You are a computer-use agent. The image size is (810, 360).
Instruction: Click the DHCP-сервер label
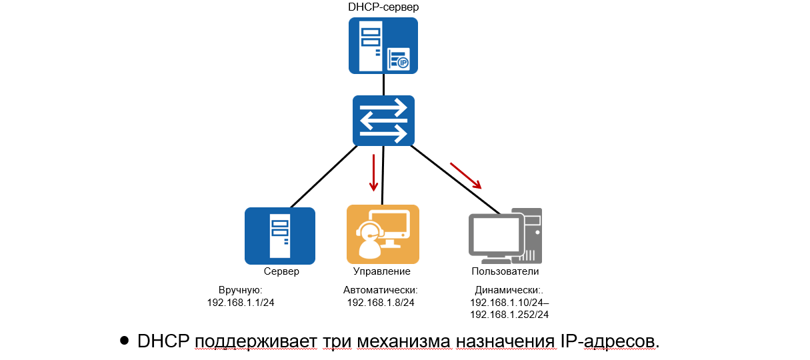click(383, 7)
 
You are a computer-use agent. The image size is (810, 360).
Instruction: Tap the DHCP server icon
click(383, 45)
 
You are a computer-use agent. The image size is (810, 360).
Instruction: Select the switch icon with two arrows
click(383, 121)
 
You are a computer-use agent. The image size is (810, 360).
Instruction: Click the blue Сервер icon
click(279, 236)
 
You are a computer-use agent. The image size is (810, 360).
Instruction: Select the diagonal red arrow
click(466, 175)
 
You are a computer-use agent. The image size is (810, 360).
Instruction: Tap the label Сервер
click(281, 271)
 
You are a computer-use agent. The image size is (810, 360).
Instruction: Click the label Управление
click(381, 271)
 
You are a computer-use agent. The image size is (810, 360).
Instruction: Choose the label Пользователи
click(505, 271)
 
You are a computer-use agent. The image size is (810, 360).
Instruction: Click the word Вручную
click(241, 291)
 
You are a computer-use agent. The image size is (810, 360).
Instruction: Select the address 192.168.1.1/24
click(241, 303)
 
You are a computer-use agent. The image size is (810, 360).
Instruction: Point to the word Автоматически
click(380, 291)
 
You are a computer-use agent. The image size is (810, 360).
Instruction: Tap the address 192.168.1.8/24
click(381, 303)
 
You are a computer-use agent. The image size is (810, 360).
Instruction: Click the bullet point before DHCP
click(123, 340)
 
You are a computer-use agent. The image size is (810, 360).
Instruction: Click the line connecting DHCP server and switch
click(383, 84)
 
